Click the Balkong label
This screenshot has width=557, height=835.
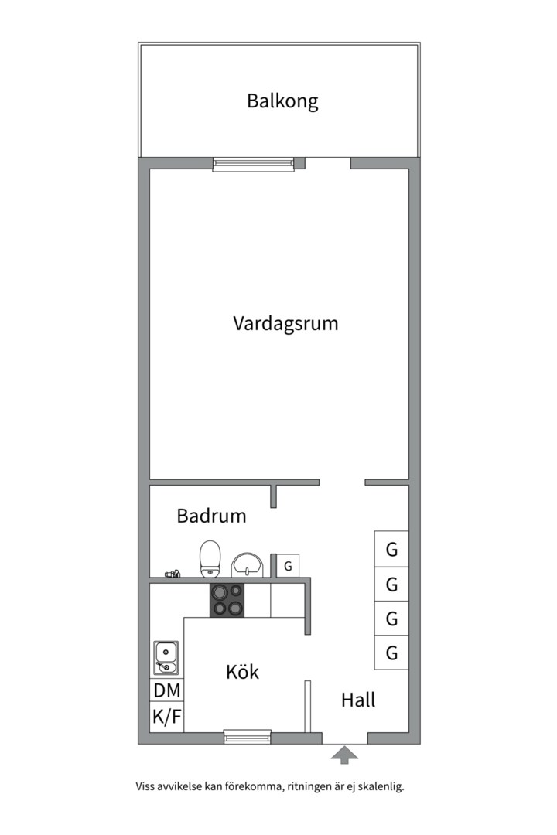[282, 101]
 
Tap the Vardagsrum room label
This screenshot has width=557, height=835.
[285, 322]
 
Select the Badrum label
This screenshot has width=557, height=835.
[211, 516]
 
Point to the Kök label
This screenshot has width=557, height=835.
[242, 672]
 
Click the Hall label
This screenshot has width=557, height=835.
[358, 700]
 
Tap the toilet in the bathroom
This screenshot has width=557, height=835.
[210, 559]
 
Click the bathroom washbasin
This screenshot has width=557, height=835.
[247, 564]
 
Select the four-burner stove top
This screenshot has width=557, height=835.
[227, 599]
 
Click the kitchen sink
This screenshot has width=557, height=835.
[166, 658]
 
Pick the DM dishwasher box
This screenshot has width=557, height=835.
[166, 690]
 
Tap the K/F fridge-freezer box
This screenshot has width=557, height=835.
[166, 717]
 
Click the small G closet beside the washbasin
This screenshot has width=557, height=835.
[288, 565]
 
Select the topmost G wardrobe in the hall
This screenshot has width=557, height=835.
[391, 550]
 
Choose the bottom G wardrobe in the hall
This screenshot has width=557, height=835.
[391, 653]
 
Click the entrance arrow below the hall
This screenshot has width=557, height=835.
[344, 755]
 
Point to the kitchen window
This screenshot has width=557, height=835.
[248, 737]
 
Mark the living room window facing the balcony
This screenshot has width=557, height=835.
[253, 164]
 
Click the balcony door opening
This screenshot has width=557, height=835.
[328, 162]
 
